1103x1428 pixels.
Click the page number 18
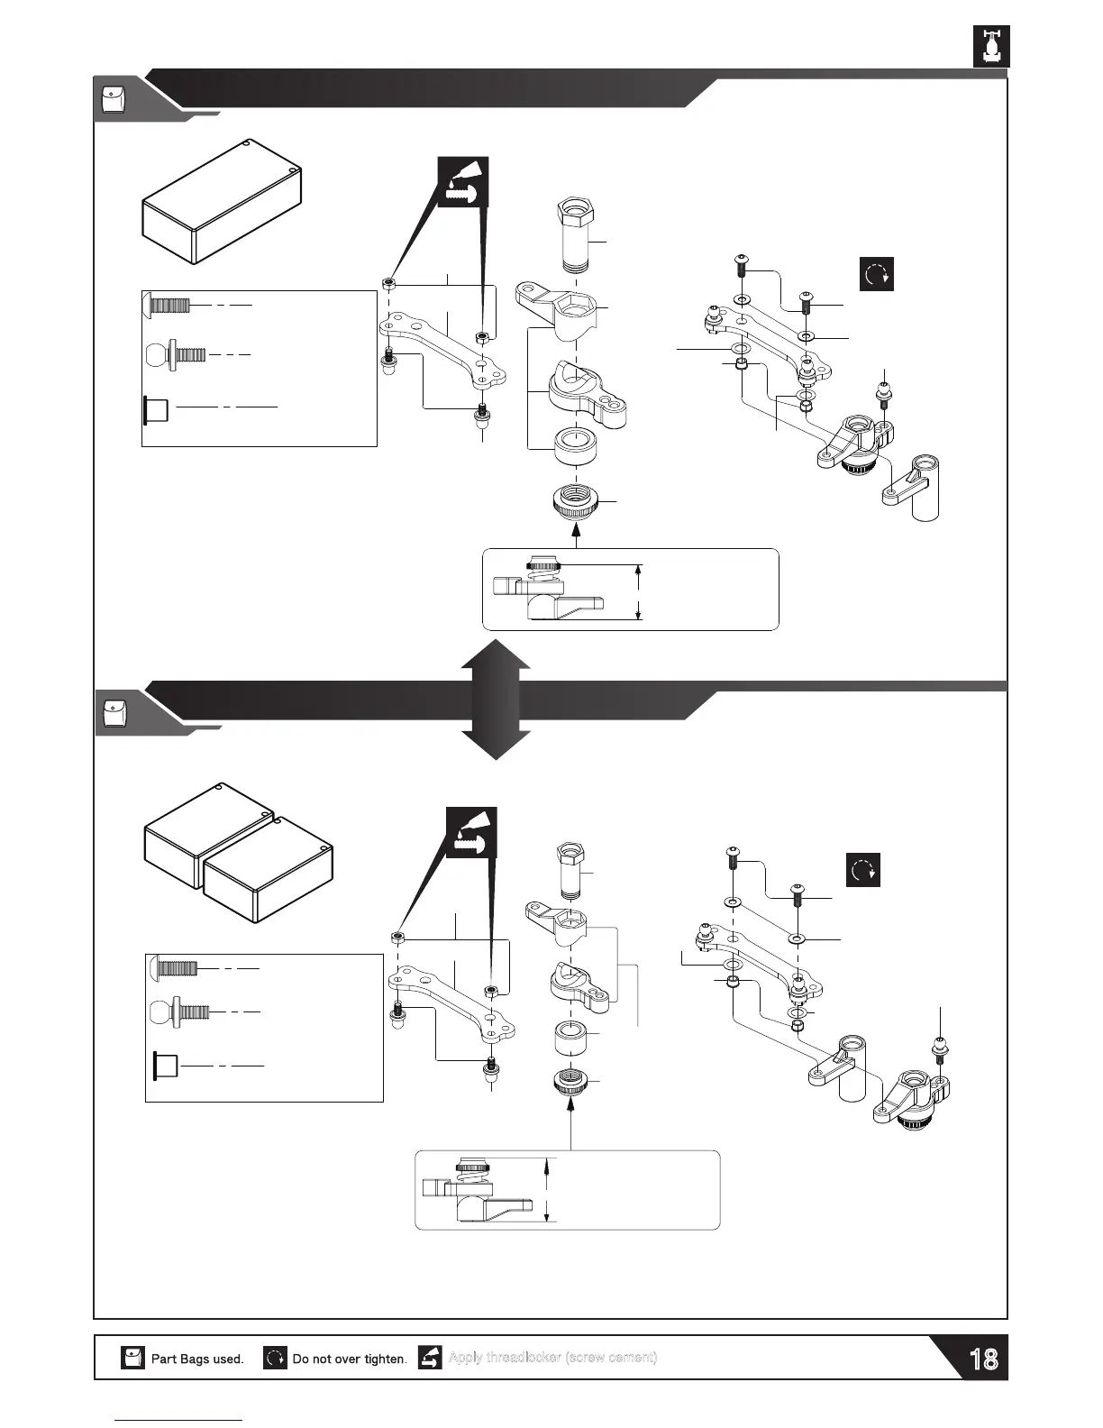click(x=983, y=1359)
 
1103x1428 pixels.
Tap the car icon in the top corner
click(x=991, y=45)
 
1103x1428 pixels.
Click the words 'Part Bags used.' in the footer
click(x=197, y=1359)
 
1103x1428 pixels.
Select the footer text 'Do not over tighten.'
click(x=350, y=1359)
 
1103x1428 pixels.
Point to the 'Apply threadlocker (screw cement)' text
click(x=552, y=1358)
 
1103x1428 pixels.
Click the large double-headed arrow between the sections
click(x=496, y=699)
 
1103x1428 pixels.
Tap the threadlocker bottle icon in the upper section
click(x=461, y=182)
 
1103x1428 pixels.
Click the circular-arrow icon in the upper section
click(x=877, y=274)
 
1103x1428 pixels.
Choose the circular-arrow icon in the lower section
click(x=863, y=870)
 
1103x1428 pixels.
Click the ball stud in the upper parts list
click(x=175, y=353)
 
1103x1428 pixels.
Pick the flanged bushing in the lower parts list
click(x=167, y=1066)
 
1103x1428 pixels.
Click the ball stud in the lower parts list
click(x=180, y=1011)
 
